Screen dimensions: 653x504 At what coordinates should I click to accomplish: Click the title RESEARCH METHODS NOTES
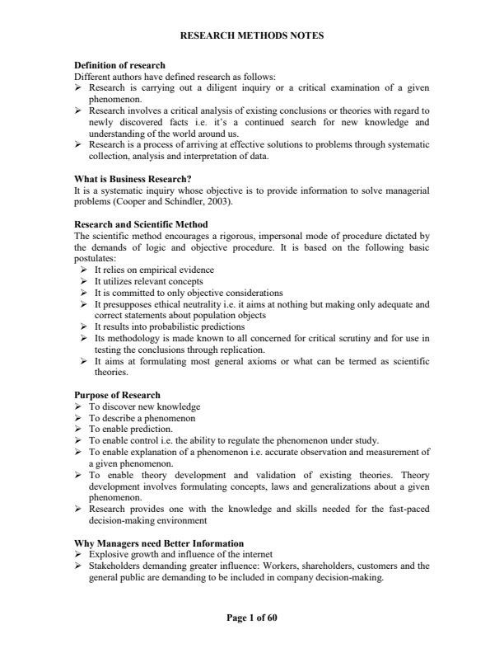[x=251, y=35]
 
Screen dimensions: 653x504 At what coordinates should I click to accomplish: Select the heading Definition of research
[x=119, y=65]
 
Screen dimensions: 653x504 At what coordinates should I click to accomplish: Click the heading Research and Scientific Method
[x=141, y=224]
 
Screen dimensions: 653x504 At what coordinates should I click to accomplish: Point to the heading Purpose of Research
[x=117, y=395]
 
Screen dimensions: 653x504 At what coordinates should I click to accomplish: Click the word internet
[x=255, y=554]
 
